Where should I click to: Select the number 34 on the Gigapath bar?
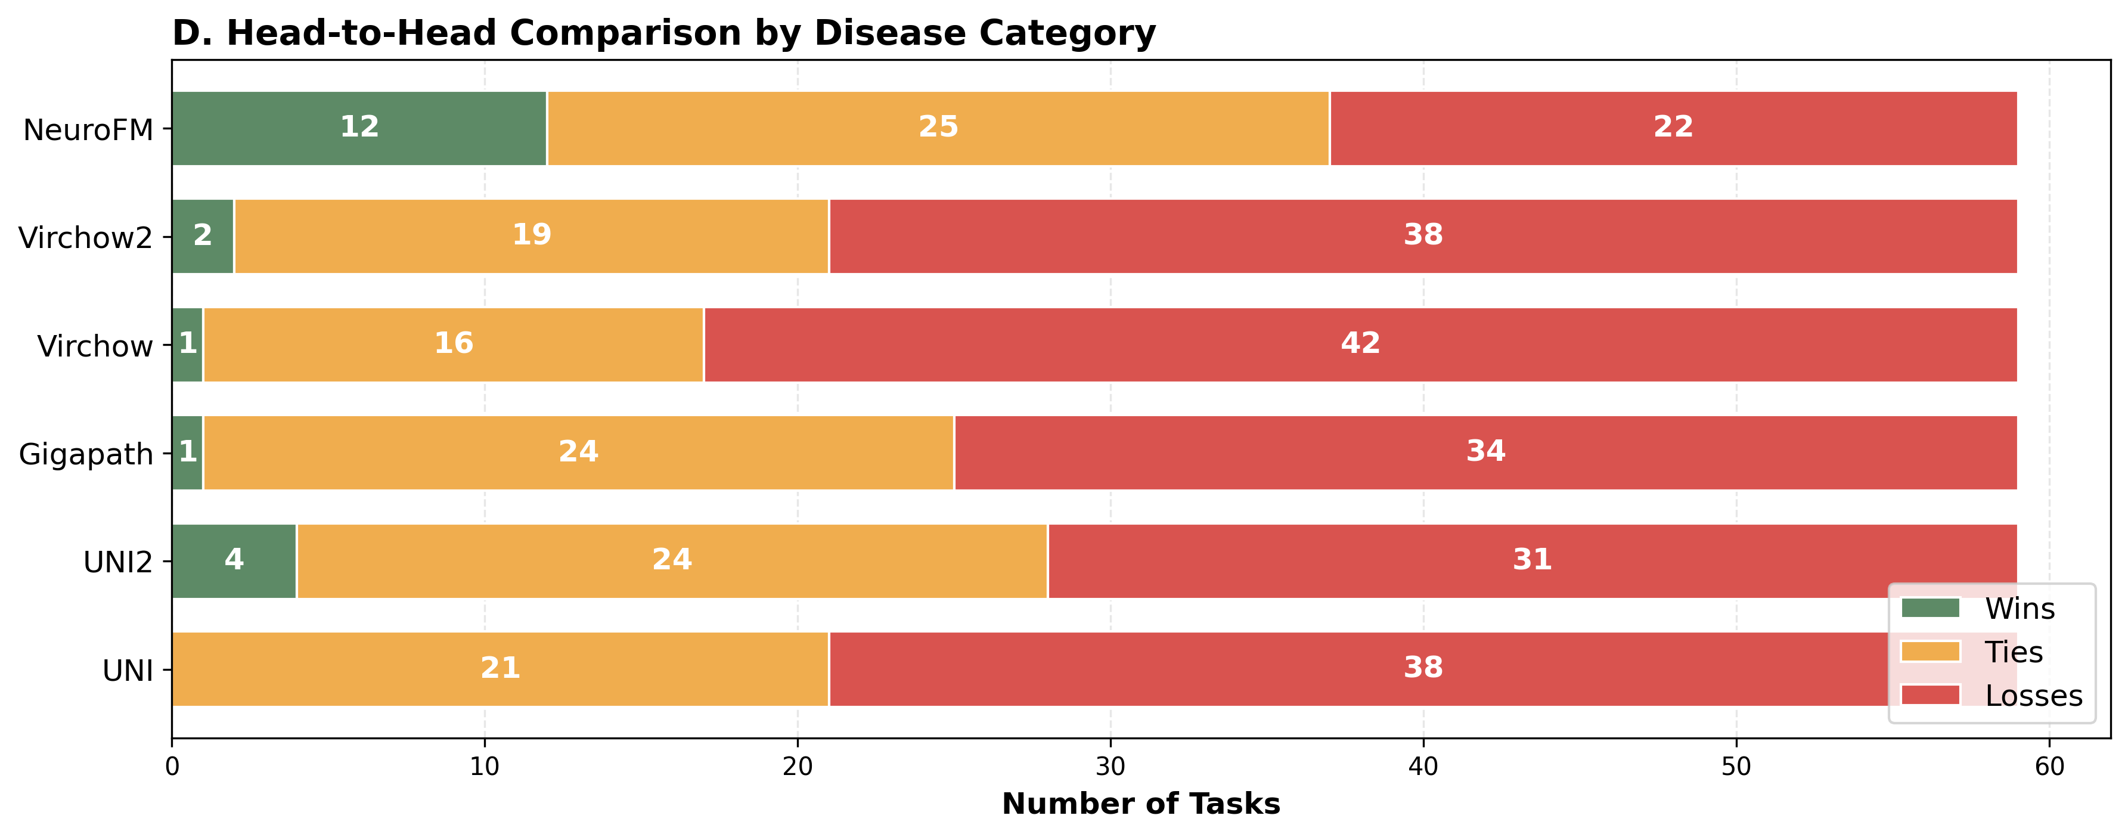[x=1485, y=451]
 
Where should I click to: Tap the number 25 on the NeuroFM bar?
[x=938, y=126]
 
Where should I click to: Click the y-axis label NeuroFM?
[x=88, y=131]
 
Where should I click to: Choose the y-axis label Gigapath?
[x=86, y=454]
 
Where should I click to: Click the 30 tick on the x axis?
[x=1110, y=767]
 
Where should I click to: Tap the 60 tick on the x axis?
[x=2049, y=767]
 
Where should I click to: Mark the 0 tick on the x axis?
[x=172, y=767]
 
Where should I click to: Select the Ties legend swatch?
[x=1930, y=651]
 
